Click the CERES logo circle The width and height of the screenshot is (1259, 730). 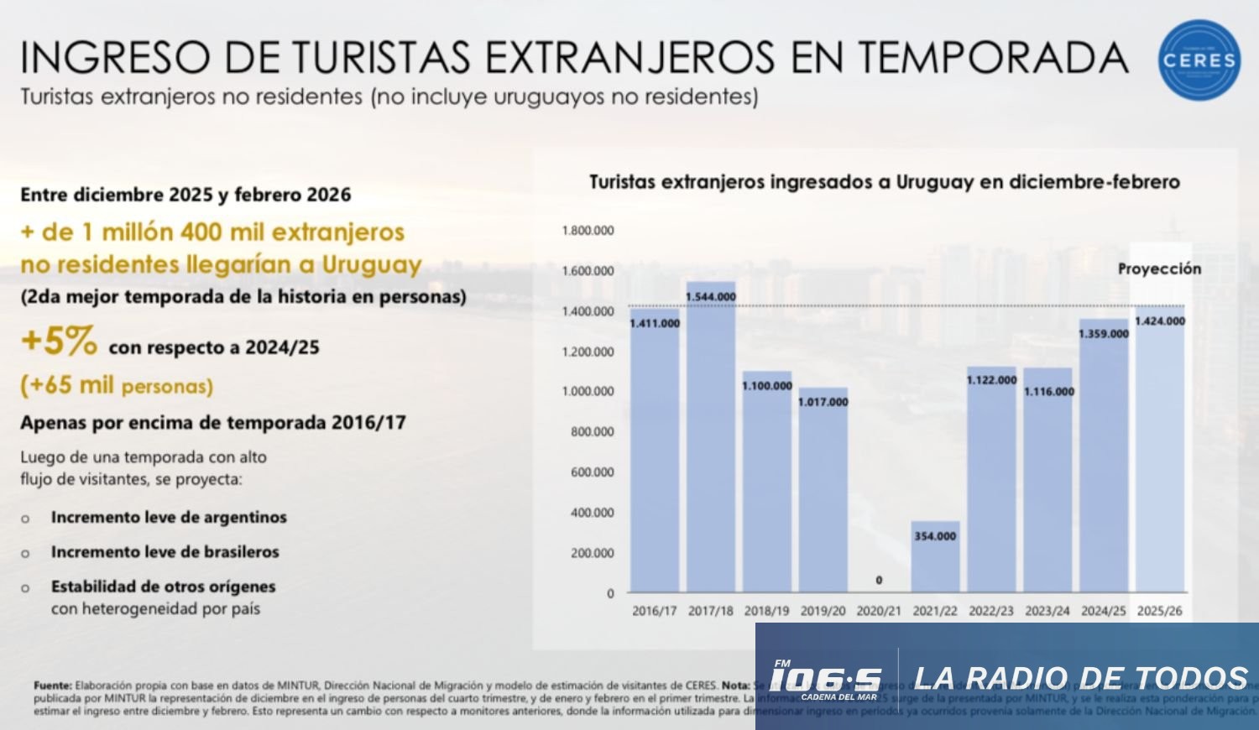1199,60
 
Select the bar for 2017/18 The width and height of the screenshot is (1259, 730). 711,436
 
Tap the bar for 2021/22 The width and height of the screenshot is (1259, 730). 935,558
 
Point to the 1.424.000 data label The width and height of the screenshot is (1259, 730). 1160,321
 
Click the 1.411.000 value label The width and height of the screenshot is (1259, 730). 655,323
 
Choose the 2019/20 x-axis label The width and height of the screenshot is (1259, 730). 823,611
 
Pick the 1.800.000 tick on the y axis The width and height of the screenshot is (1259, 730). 588,231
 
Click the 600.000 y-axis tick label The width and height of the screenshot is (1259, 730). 592,472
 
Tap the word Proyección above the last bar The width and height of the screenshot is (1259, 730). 1159,269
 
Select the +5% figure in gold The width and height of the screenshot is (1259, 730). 59,342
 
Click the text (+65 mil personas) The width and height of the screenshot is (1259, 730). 117,385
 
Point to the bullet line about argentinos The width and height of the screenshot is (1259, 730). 169,518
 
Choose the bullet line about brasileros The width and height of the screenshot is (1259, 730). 165,552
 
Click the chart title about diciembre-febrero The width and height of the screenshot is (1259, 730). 884,182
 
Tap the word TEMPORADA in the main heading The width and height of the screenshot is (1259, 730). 993,57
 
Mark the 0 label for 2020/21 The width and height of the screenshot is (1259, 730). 879,580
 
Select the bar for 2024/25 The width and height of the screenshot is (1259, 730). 1104,457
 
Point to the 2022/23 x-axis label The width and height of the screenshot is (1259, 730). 991,611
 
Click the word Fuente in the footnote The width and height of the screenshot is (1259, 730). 52,686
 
